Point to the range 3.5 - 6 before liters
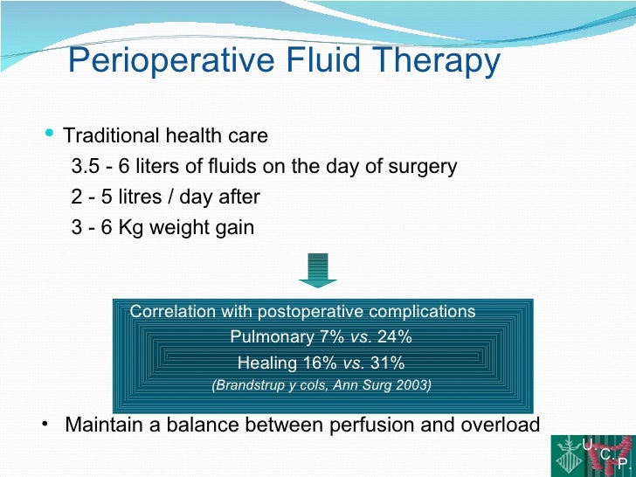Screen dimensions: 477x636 coord(98,167)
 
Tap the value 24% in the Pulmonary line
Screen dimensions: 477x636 coord(394,337)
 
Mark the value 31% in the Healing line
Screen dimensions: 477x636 coord(387,363)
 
